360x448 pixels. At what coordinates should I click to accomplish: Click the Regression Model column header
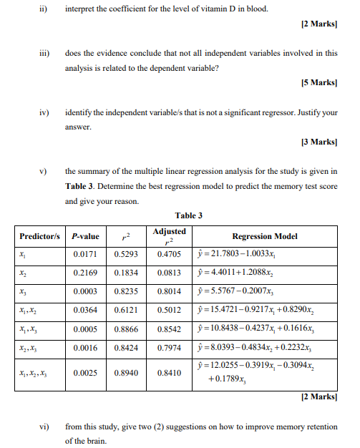(x=265, y=235)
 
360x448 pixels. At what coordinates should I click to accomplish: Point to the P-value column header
(x=86, y=235)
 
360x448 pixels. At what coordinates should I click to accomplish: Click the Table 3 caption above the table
(x=189, y=215)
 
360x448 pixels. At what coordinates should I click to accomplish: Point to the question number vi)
(x=44, y=427)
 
